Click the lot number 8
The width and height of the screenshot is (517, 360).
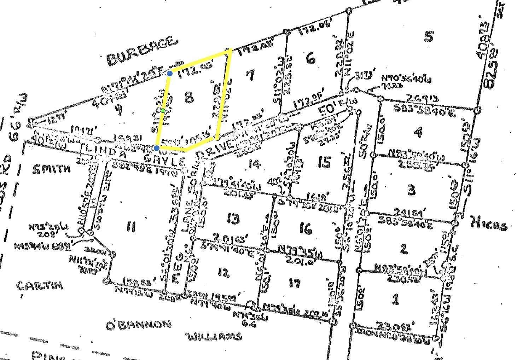point(189,97)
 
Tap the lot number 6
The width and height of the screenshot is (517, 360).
point(311,58)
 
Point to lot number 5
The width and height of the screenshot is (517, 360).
point(428,36)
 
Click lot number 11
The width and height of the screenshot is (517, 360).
point(130,226)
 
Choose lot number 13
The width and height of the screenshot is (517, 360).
point(233,219)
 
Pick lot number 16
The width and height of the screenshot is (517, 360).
point(306,229)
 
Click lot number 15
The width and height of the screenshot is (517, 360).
point(324,162)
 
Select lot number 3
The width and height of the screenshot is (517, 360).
point(411,190)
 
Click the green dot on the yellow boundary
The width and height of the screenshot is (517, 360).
point(163,111)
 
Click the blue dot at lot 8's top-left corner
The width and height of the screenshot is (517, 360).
point(170,73)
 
